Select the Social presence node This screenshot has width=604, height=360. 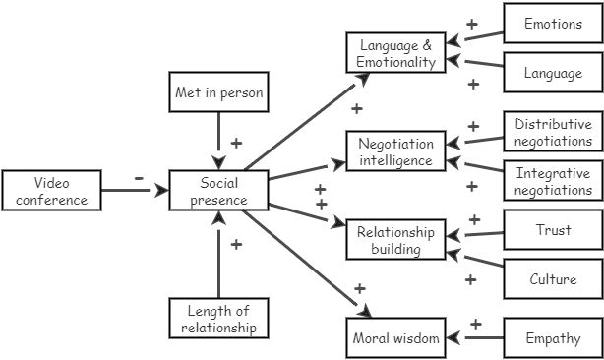[x=218, y=191]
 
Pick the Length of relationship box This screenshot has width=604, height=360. [x=218, y=319]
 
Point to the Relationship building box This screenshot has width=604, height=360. [x=395, y=240]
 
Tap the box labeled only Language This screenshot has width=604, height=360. [x=552, y=72]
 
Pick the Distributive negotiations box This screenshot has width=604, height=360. [x=552, y=132]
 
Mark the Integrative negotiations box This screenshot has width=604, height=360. [x=552, y=181]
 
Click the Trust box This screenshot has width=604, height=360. [x=552, y=230]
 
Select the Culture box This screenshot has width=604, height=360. [x=552, y=279]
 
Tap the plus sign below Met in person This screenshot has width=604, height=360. [x=236, y=143]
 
